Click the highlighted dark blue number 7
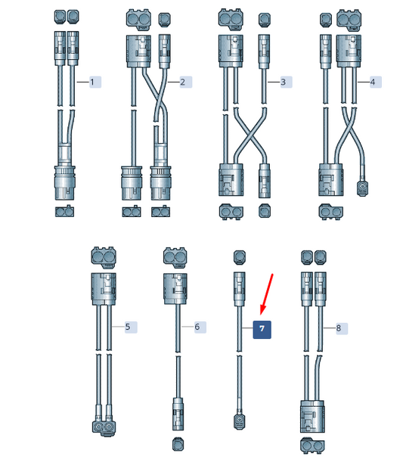(262, 329)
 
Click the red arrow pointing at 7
(267, 293)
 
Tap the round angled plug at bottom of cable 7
(240, 421)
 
